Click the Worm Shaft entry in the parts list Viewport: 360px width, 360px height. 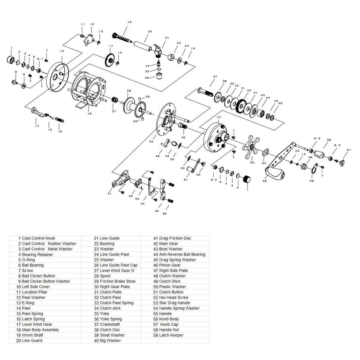click(x=36, y=335)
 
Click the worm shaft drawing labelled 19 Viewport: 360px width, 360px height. click(x=121, y=36)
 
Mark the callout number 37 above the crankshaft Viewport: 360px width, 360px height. click(x=215, y=76)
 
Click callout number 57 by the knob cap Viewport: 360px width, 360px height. click(x=348, y=150)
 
